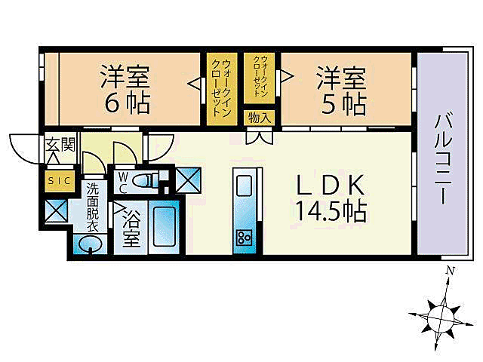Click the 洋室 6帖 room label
[125, 88]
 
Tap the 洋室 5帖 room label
[341, 88]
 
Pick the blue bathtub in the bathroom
[163, 227]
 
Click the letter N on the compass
[449, 271]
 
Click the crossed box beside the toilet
[186, 179]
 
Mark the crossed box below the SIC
[57, 211]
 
